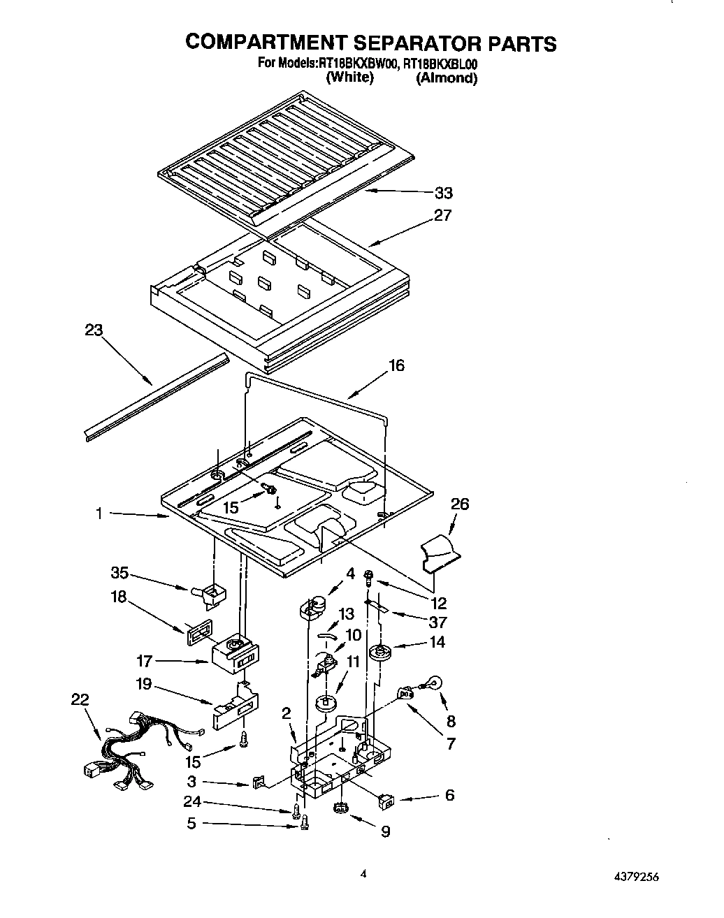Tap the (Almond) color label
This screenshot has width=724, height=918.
447,78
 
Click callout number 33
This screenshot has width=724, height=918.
444,193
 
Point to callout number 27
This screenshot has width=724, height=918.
443,215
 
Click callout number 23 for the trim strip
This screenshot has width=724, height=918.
94,330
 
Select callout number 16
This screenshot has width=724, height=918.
396,365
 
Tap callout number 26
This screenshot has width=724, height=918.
460,504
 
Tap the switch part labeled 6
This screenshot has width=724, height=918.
385,802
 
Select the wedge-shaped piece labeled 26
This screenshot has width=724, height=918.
437,549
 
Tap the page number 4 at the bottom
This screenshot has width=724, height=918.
363,873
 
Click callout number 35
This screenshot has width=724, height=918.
120,574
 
